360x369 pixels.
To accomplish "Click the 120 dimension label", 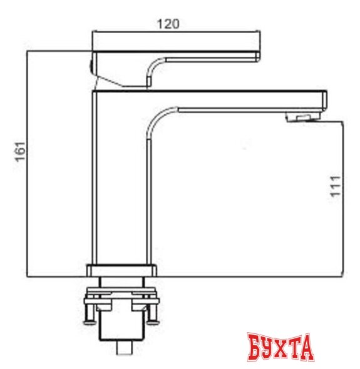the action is click(168, 24).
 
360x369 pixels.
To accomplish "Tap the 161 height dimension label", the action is click(20, 152).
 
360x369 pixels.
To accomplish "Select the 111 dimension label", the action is click(336, 186).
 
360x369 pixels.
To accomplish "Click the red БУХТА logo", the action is click(280, 347).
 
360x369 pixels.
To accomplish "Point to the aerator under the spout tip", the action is click(304, 116).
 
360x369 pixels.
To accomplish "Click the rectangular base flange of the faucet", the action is click(121, 270).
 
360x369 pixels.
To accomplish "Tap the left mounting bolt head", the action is click(90, 322).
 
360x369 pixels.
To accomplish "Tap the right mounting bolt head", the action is click(153, 322).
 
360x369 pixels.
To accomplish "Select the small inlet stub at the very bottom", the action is click(125, 347).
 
